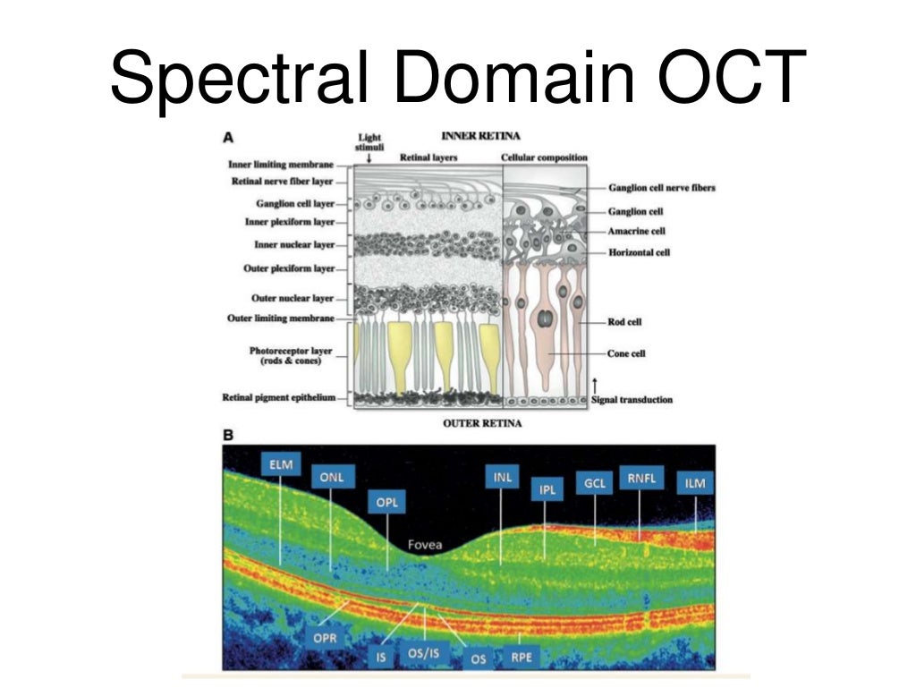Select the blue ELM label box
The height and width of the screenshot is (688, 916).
pyautogui.click(x=281, y=463)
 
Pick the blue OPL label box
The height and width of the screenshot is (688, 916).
pyautogui.click(x=386, y=502)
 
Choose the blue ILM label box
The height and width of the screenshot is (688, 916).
pyautogui.click(x=694, y=483)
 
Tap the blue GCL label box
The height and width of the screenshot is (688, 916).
pyautogui.click(x=595, y=483)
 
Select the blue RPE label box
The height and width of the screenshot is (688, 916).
pyautogui.click(x=521, y=658)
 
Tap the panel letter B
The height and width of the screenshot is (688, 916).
pyautogui.click(x=227, y=436)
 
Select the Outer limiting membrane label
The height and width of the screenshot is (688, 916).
pyautogui.click(x=281, y=319)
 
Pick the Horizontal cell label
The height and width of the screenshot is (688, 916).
pyautogui.click(x=639, y=252)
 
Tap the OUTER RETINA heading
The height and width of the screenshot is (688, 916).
pyautogui.click(x=482, y=423)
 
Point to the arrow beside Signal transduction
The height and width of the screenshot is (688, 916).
pyautogui.click(x=595, y=384)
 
